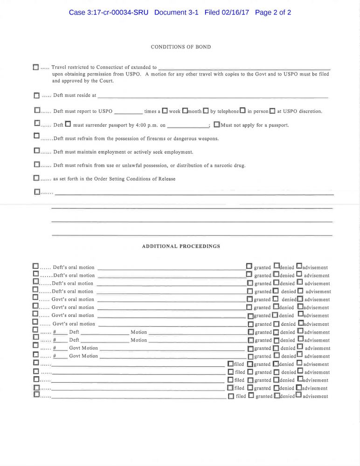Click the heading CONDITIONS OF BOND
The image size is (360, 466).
(180, 47)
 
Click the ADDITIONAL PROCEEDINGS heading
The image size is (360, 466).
(181, 246)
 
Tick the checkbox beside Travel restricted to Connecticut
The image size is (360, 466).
(36, 68)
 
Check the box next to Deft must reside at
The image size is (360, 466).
(36, 96)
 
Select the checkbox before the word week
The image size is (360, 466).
(165, 111)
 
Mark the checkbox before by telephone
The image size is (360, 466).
(206, 111)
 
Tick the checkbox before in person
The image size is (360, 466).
(242, 111)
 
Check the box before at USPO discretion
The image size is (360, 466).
(272, 111)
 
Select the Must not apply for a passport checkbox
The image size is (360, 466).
(216, 125)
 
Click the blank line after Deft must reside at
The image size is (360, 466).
(213, 96)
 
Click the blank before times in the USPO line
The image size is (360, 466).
(128, 112)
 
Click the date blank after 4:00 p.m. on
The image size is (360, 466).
(187, 126)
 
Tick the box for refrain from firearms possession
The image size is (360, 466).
(36, 136)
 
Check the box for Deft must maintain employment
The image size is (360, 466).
(36, 151)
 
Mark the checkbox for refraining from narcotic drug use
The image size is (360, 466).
(36, 164)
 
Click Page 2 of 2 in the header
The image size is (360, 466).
(273, 13)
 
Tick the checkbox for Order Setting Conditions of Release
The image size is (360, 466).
(36, 178)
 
